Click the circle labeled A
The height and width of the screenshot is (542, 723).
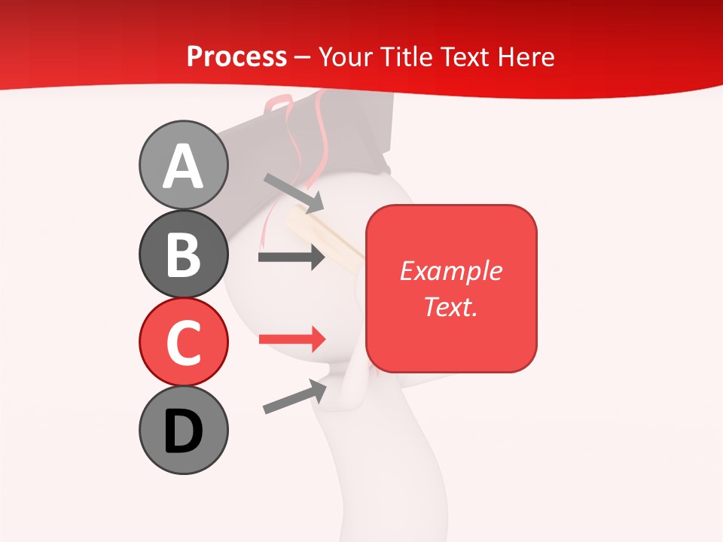click(183, 166)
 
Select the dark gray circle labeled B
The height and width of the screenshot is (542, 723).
click(183, 254)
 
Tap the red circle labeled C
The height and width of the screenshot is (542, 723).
click(183, 343)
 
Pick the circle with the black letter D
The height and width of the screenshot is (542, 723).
click(183, 431)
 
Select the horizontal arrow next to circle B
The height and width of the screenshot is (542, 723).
click(291, 257)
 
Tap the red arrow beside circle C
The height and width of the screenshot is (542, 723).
click(291, 339)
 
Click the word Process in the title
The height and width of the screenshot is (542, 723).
click(236, 57)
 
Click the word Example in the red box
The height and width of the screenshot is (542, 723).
click(450, 271)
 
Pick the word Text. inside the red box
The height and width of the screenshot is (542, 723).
click(450, 306)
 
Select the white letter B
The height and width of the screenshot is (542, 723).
click(183, 254)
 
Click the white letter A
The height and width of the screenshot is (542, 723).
click(183, 166)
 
